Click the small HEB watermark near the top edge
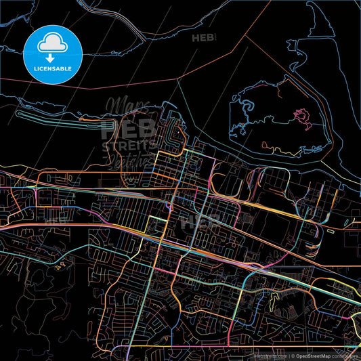[x=203, y=38]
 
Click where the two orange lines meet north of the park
[x=246, y=39]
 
